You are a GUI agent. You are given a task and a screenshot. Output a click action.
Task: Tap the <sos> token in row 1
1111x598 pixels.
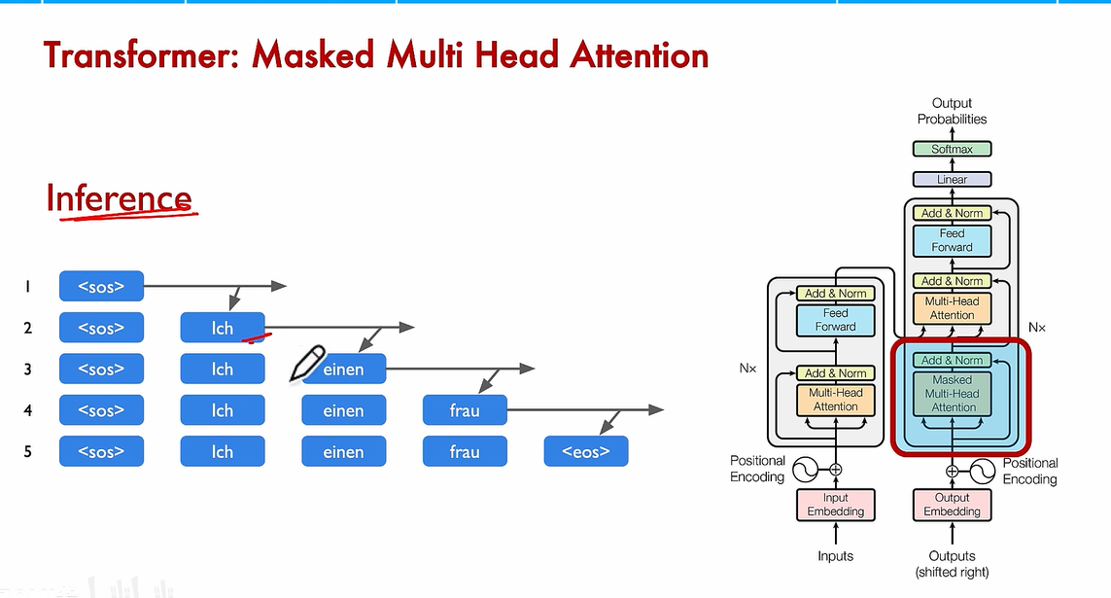point(101,286)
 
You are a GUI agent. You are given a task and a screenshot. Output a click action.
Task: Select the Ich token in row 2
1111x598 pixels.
point(223,328)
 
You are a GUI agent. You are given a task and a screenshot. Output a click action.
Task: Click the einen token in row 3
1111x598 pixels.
point(343,369)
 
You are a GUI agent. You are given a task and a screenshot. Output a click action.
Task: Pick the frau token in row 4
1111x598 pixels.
point(465,410)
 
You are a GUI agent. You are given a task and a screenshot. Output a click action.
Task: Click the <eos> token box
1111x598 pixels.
point(586,451)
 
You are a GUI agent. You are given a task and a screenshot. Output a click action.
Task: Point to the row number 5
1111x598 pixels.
point(28,451)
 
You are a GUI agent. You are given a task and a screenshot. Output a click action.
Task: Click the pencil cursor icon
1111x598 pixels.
point(307,364)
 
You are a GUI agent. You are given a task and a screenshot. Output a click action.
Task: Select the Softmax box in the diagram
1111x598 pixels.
point(952,149)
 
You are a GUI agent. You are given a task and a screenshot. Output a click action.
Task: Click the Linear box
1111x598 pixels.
point(952,179)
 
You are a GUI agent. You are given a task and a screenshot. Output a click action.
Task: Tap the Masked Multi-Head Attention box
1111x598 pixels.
point(953,394)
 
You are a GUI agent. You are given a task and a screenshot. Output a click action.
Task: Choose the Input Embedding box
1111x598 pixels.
point(835,505)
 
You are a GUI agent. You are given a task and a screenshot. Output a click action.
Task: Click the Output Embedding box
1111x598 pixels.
point(953,505)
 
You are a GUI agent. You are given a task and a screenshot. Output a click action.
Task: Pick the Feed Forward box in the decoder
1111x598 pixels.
point(952,240)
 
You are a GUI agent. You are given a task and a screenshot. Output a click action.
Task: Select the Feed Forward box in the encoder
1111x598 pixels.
point(835,320)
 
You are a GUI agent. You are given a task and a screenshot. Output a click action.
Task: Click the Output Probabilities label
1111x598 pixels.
point(952,111)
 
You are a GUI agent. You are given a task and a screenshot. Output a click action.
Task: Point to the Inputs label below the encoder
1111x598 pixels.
point(835,556)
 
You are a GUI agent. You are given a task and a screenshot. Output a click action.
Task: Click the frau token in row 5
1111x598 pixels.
point(465,451)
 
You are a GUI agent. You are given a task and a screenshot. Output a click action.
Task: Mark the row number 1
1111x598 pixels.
point(28,286)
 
